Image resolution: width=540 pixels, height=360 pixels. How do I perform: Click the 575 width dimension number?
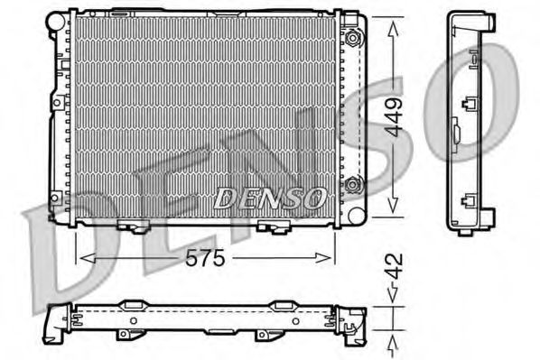point(207,257)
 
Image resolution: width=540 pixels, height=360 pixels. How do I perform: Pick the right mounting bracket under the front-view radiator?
point(267,226)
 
